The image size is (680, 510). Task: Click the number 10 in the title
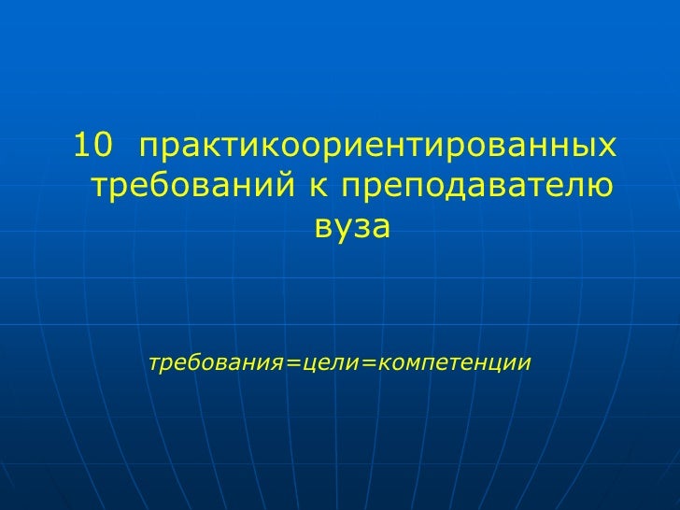pyautogui.click(x=92, y=146)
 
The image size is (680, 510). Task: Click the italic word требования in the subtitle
pyautogui.click(x=218, y=361)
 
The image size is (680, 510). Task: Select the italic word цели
pyautogui.click(x=328, y=361)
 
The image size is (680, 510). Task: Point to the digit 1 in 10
pyautogui.click(x=82, y=146)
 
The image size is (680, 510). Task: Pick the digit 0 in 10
pyautogui.click(x=102, y=146)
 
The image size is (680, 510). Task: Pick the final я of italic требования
pyautogui.click(x=279, y=361)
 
